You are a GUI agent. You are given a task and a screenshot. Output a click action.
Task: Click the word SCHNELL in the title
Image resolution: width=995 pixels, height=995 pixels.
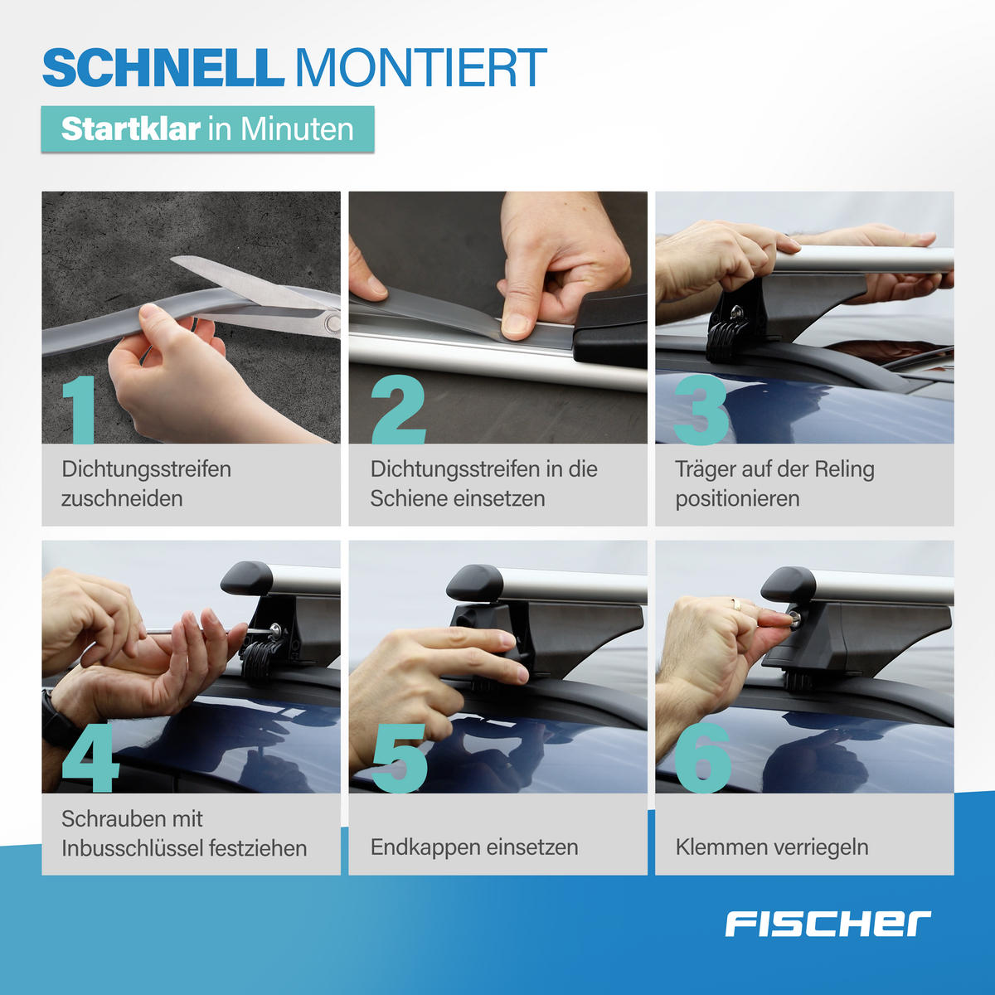coord(163,68)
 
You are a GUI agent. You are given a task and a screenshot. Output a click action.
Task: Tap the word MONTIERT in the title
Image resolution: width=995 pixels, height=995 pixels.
coord(421,68)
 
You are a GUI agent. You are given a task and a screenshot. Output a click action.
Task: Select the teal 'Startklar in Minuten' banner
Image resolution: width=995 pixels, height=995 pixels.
coord(207,129)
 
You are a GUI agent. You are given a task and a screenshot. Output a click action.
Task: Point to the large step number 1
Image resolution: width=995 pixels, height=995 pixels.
coord(81,409)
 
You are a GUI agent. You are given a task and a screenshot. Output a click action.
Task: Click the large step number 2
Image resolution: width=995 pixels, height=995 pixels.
coord(398,409)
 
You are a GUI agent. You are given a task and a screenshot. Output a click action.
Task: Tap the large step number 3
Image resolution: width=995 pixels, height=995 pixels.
coord(701,409)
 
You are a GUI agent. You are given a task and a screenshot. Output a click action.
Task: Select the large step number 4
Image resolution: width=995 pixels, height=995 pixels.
coord(90,758)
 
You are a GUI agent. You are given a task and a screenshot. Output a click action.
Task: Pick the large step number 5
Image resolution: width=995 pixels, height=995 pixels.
coord(399,758)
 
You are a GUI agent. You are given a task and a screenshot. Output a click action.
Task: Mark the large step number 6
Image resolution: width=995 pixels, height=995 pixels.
coord(703,758)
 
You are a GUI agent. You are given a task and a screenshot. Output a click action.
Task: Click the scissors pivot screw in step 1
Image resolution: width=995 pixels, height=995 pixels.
coord(332,323)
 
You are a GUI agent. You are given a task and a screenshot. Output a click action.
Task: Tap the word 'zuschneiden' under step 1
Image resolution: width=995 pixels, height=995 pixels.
coord(122,499)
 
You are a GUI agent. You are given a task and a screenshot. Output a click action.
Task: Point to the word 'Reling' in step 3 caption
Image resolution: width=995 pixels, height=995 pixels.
coord(844,469)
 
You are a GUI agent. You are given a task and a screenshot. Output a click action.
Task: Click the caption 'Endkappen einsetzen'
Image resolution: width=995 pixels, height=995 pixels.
coord(474,847)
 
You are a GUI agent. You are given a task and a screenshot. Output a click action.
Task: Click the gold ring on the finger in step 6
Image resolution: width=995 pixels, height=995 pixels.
coord(735,604)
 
